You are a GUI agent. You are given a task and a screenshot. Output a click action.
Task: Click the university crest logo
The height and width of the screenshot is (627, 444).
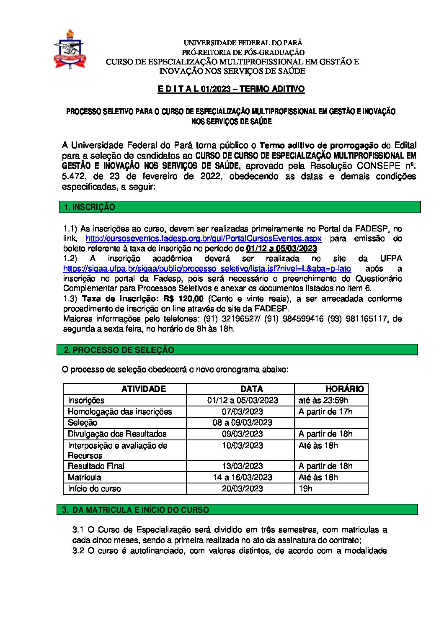click(x=70, y=49)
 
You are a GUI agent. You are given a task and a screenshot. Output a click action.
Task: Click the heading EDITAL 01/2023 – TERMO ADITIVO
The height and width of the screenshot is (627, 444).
click(x=231, y=89)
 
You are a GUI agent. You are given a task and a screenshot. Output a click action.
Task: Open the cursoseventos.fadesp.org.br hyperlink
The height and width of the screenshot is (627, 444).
click(x=204, y=239)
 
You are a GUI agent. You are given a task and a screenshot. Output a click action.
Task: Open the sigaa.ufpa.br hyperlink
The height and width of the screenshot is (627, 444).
click(x=207, y=269)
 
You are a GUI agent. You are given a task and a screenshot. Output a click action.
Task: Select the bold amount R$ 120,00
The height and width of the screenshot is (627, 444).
click(x=184, y=299)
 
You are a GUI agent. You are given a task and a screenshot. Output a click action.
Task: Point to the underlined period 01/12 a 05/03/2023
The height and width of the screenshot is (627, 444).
click(x=281, y=249)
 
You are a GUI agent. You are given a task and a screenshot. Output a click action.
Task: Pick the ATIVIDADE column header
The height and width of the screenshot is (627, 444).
click(x=143, y=389)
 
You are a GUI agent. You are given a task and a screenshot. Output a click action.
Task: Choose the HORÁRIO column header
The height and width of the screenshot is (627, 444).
click(x=344, y=389)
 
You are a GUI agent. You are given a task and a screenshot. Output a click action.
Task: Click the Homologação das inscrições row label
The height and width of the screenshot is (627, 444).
click(x=120, y=412)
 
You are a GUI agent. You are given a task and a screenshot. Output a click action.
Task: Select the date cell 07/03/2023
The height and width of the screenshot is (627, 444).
click(x=243, y=412)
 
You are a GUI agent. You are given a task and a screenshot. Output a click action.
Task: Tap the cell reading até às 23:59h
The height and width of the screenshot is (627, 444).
click(x=323, y=401)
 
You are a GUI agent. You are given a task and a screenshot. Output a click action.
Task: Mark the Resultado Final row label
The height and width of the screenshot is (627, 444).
click(x=96, y=466)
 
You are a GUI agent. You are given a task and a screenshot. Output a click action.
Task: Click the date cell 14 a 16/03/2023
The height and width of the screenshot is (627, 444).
click(x=243, y=478)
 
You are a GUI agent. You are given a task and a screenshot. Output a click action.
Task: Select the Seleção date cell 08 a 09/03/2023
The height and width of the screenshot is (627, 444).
click(x=243, y=423)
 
